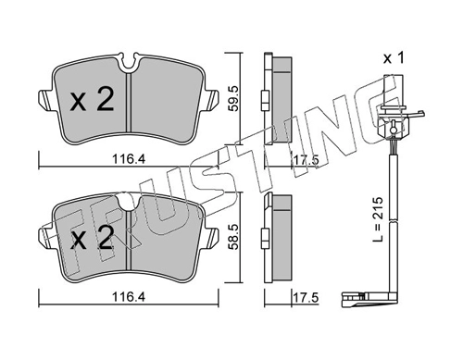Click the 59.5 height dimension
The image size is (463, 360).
(233, 98)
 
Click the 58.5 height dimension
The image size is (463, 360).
(233, 237)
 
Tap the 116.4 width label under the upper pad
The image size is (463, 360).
(129, 159)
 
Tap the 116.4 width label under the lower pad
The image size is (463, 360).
(129, 297)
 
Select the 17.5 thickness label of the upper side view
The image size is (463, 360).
(306, 160)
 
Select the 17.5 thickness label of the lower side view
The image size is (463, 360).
(306, 298)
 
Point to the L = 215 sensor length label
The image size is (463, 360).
(378, 219)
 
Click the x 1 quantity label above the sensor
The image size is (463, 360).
(394, 58)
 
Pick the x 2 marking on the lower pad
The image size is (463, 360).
(92, 237)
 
